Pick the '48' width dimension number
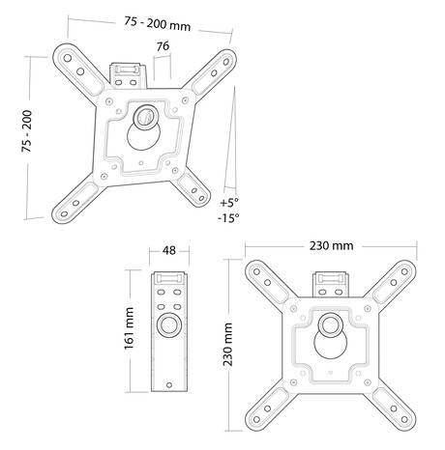point(169,251)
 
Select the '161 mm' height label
point(129,332)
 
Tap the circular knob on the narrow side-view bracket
point(169,323)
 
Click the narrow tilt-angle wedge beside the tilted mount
point(229,145)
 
